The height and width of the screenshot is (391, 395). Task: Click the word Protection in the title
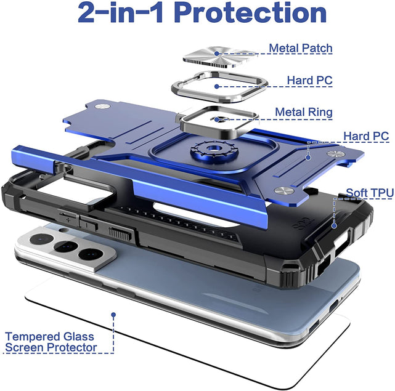[x=250, y=12]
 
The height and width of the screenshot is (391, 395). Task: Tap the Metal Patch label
[x=301, y=48]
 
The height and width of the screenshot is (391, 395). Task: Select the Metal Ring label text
[x=304, y=112]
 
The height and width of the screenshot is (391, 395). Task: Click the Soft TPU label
[x=370, y=193]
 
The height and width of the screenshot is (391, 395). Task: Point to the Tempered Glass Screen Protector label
[x=51, y=342]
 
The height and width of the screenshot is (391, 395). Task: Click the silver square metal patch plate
[x=221, y=57]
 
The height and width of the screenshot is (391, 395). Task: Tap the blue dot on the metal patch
[x=217, y=54]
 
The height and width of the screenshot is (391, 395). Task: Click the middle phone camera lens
[x=65, y=246]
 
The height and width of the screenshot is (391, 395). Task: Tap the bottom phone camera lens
[x=91, y=254]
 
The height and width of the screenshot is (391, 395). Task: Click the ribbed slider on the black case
[x=120, y=234]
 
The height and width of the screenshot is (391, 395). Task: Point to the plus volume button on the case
[x=68, y=217]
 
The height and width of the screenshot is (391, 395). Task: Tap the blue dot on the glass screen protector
[x=113, y=315]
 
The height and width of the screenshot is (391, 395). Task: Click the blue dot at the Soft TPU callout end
[x=334, y=225]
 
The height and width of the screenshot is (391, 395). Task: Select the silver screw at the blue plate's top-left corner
[x=102, y=107]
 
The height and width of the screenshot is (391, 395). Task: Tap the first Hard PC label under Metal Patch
[x=309, y=80]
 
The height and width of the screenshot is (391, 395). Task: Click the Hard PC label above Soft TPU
[x=366, y=136]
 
